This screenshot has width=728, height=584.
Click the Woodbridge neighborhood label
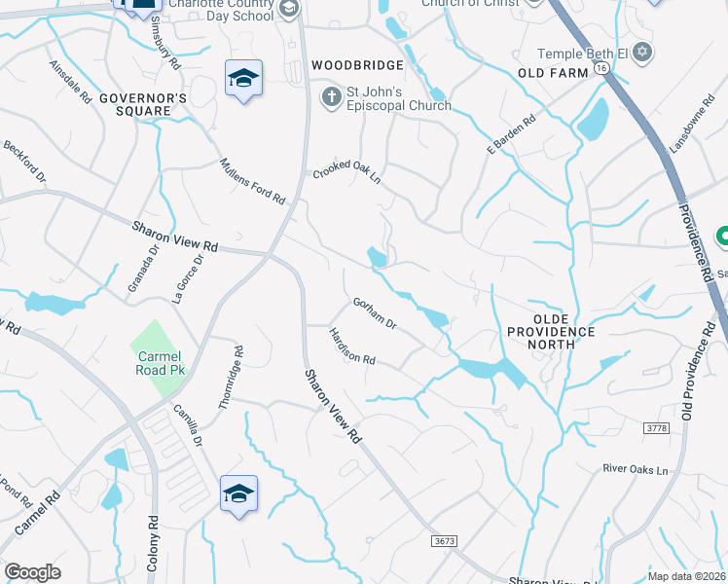pos(357,65)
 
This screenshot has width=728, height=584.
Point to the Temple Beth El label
pos(583,54)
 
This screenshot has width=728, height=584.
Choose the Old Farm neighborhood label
pos(553,73)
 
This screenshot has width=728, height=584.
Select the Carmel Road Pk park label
pos(156,363)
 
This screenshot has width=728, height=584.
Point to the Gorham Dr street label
pos(375,311)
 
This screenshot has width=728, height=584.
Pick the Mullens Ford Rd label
pos(252,181)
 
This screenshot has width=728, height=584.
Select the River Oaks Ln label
pos(637,470)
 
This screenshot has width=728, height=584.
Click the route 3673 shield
pos(443,540)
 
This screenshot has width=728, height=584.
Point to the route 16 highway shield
pos(602,68)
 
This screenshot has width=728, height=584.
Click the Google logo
pos(32,572)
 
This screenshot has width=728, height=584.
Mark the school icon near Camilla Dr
pos(238,493)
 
